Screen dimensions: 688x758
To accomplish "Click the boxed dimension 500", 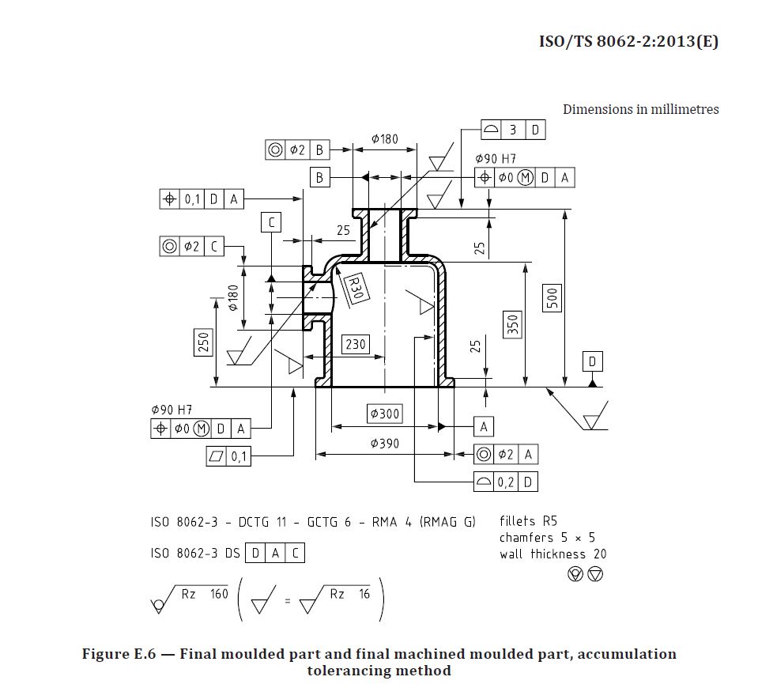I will click(x=552, y=297).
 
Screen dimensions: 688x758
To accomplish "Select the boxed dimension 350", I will click(x=513, y=324).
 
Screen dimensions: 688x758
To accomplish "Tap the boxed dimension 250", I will click(x=203, y=342).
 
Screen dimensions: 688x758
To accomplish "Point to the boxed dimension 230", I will click(x=356, y=344).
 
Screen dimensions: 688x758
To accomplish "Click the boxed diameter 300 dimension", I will click(x=385, y=413).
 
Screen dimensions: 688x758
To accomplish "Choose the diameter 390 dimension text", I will click(x=385, y=444).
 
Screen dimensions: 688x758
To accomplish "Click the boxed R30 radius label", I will click(x=355, y=286).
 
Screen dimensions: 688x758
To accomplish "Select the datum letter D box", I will click(x=593, y=362).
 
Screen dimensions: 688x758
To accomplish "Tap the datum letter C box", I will click(x=271, y=222).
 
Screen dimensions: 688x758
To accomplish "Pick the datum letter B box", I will click(x=319, y=177).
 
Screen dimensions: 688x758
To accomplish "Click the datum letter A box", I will click(x=484, y=426).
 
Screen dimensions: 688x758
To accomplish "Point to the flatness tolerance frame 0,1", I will click(x=228, y=456).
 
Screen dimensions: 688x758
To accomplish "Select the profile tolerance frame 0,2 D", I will click(x=506, y=481).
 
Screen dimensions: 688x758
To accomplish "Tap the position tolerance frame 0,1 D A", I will click(x=202, y=199).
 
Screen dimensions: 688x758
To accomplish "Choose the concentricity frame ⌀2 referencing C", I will click(x=191, y=247).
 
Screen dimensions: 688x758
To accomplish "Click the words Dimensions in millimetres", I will click(x=640, y=109).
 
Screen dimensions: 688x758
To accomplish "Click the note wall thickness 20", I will click(x=552, y=554).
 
